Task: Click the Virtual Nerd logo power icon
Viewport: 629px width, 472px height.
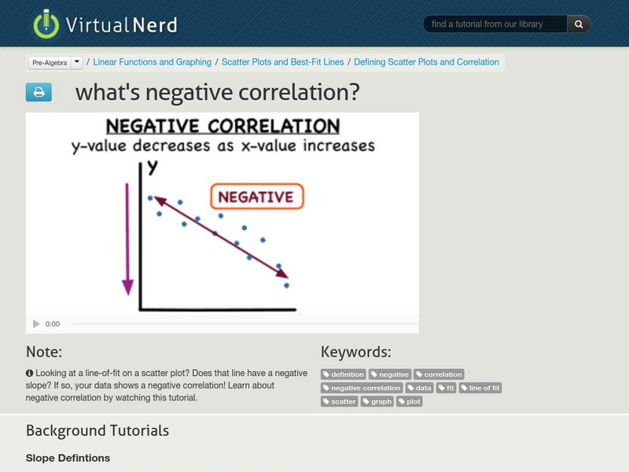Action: [x=46, y=24]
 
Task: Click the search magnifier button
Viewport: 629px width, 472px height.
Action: [x=579, y=24]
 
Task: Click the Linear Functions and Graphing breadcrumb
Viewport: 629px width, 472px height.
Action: [x=153, y=62]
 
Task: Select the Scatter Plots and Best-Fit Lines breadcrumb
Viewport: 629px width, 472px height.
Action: [x=283, y=62]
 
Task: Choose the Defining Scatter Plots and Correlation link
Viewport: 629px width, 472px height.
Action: [x=426, y=62]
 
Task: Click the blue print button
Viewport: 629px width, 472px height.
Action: [x=39, y=93]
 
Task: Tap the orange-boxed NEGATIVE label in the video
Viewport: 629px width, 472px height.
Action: [x=256, y=197]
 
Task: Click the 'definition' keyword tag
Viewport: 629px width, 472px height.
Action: [x=344, y=374]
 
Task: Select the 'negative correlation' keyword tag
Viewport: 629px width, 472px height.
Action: [x=362, y=388]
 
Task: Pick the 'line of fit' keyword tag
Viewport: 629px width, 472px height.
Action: [x=480, y=388]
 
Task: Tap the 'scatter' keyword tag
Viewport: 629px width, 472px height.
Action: [x=340, y=401]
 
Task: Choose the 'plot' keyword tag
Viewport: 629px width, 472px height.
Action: [x=410, y=401]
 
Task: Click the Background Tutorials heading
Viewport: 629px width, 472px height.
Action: [x=97, y=430]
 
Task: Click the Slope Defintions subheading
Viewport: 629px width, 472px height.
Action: [x=68, y=458]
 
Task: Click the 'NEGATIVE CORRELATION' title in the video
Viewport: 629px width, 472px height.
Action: [x=223, y=127]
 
